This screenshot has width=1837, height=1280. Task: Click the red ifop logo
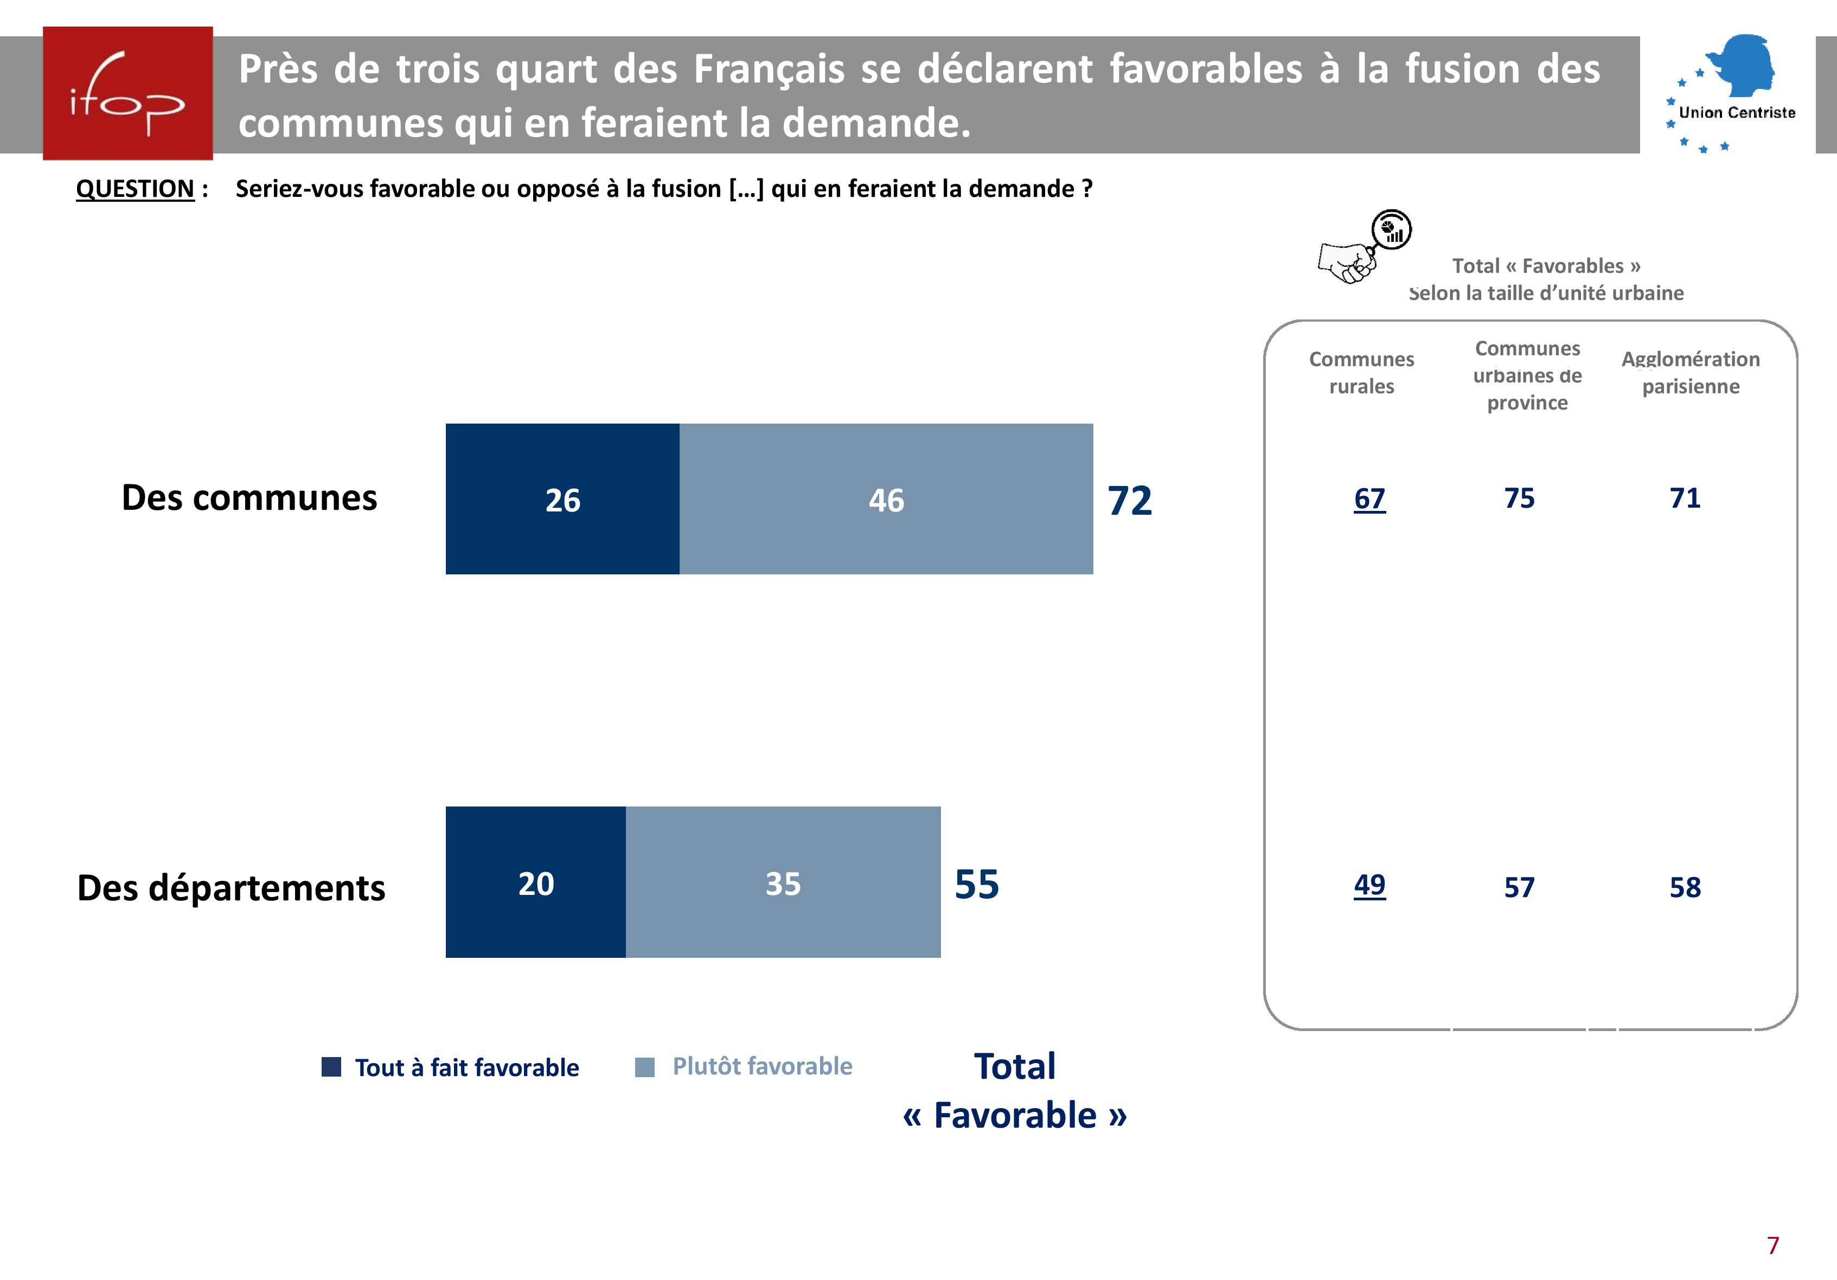point(127,93)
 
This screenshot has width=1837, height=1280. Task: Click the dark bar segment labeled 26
point(562,498)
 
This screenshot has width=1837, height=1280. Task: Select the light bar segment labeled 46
point(886,498)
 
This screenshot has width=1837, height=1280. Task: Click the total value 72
point(1129,501)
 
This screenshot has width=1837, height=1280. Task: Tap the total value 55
point(976,884)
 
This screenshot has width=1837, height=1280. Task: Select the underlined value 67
point(1369,498)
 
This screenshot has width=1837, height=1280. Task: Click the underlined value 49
point(1369,884)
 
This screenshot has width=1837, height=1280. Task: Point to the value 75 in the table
point(1519,497)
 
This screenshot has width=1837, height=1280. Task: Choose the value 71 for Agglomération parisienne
point(1684,497)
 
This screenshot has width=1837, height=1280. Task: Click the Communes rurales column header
point(1361,372)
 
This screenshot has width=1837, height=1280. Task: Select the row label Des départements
point(231,887)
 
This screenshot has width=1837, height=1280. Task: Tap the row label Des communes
point(249,497)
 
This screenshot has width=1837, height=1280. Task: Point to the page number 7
point(1772,1245)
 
